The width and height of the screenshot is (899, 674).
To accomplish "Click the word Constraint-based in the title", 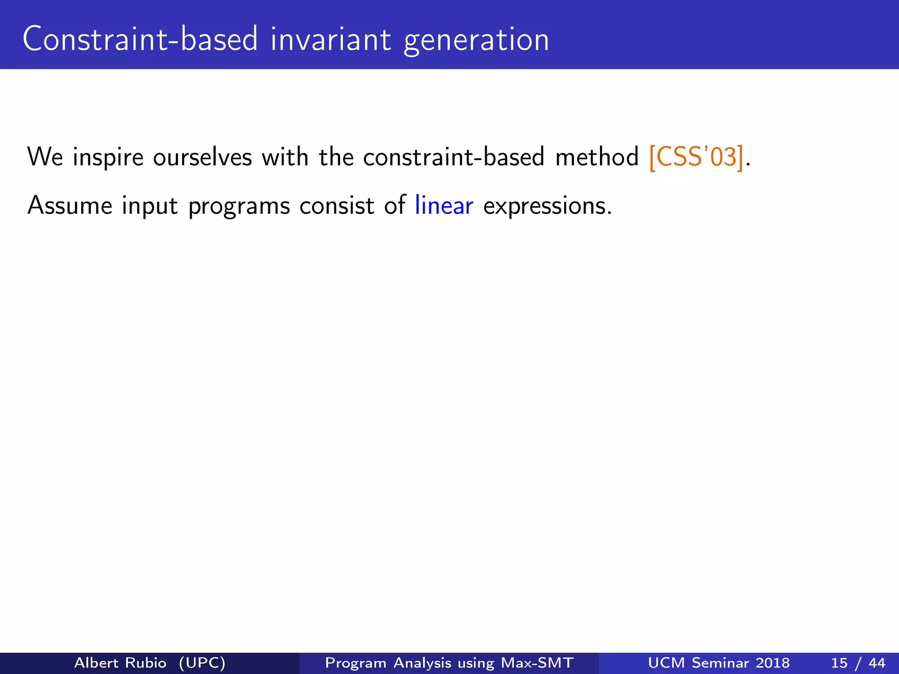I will point(140,39).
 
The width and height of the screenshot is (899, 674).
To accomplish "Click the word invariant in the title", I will point(330,39).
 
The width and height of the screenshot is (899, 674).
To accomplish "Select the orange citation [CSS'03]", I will point(696,157).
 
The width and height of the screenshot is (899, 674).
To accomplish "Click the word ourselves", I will point(202,157).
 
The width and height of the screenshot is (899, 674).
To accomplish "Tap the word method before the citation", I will point(597,157).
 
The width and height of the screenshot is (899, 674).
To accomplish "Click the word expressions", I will point(547,206).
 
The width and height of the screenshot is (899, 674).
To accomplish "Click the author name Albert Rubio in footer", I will point(120,663).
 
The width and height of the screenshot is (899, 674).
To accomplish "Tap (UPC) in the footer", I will point(202,663).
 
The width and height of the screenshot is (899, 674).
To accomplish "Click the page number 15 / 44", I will point(858,663).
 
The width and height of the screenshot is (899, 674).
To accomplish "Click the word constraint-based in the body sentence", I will point(453,157).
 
